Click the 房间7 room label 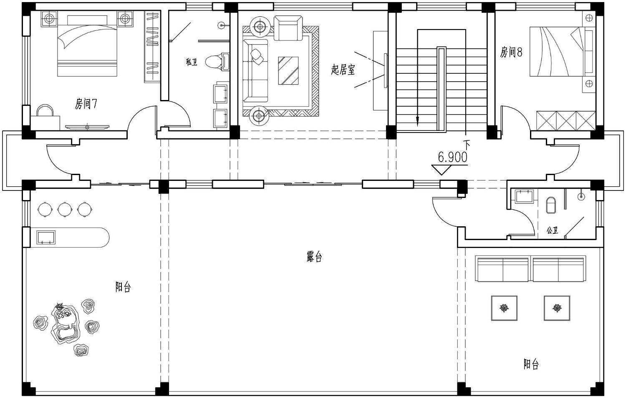click(86, 104)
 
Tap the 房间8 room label click(511, 52)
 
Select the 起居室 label click(343, 70)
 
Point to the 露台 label click(314, 256)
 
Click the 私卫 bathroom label click(192, 62)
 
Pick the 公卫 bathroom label click(552, 230)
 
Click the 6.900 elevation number click(452, 158)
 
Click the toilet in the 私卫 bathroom click(217, 62)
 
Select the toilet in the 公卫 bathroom click(551, 205)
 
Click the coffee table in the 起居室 click(288, 70)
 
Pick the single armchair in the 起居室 click(288, 28)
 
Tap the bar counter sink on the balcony click(46, 238)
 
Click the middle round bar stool click(65, 209)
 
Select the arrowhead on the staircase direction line click(417, 121)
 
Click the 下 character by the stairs click(467, 144)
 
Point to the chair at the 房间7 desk click(45, 110)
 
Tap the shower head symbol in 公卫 click(581, 196)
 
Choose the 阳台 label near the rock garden click(123, 287)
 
